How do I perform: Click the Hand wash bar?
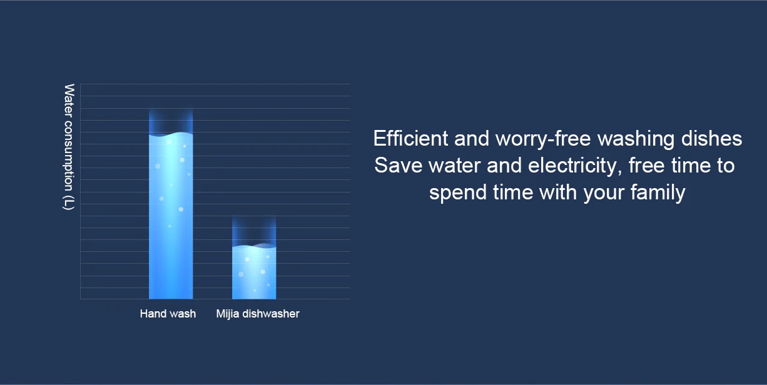point(171,216)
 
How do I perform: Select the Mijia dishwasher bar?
point(254,272)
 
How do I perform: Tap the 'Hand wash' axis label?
point(168,314)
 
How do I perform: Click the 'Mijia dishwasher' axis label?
point(258,314)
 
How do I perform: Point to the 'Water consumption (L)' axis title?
point(69,147)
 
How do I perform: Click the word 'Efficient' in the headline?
point(410,138)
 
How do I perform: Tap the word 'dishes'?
point(711,138)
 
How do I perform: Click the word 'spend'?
point(458,192)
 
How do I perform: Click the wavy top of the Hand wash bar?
point(171,134)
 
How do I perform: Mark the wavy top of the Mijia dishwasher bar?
point(254,246)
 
